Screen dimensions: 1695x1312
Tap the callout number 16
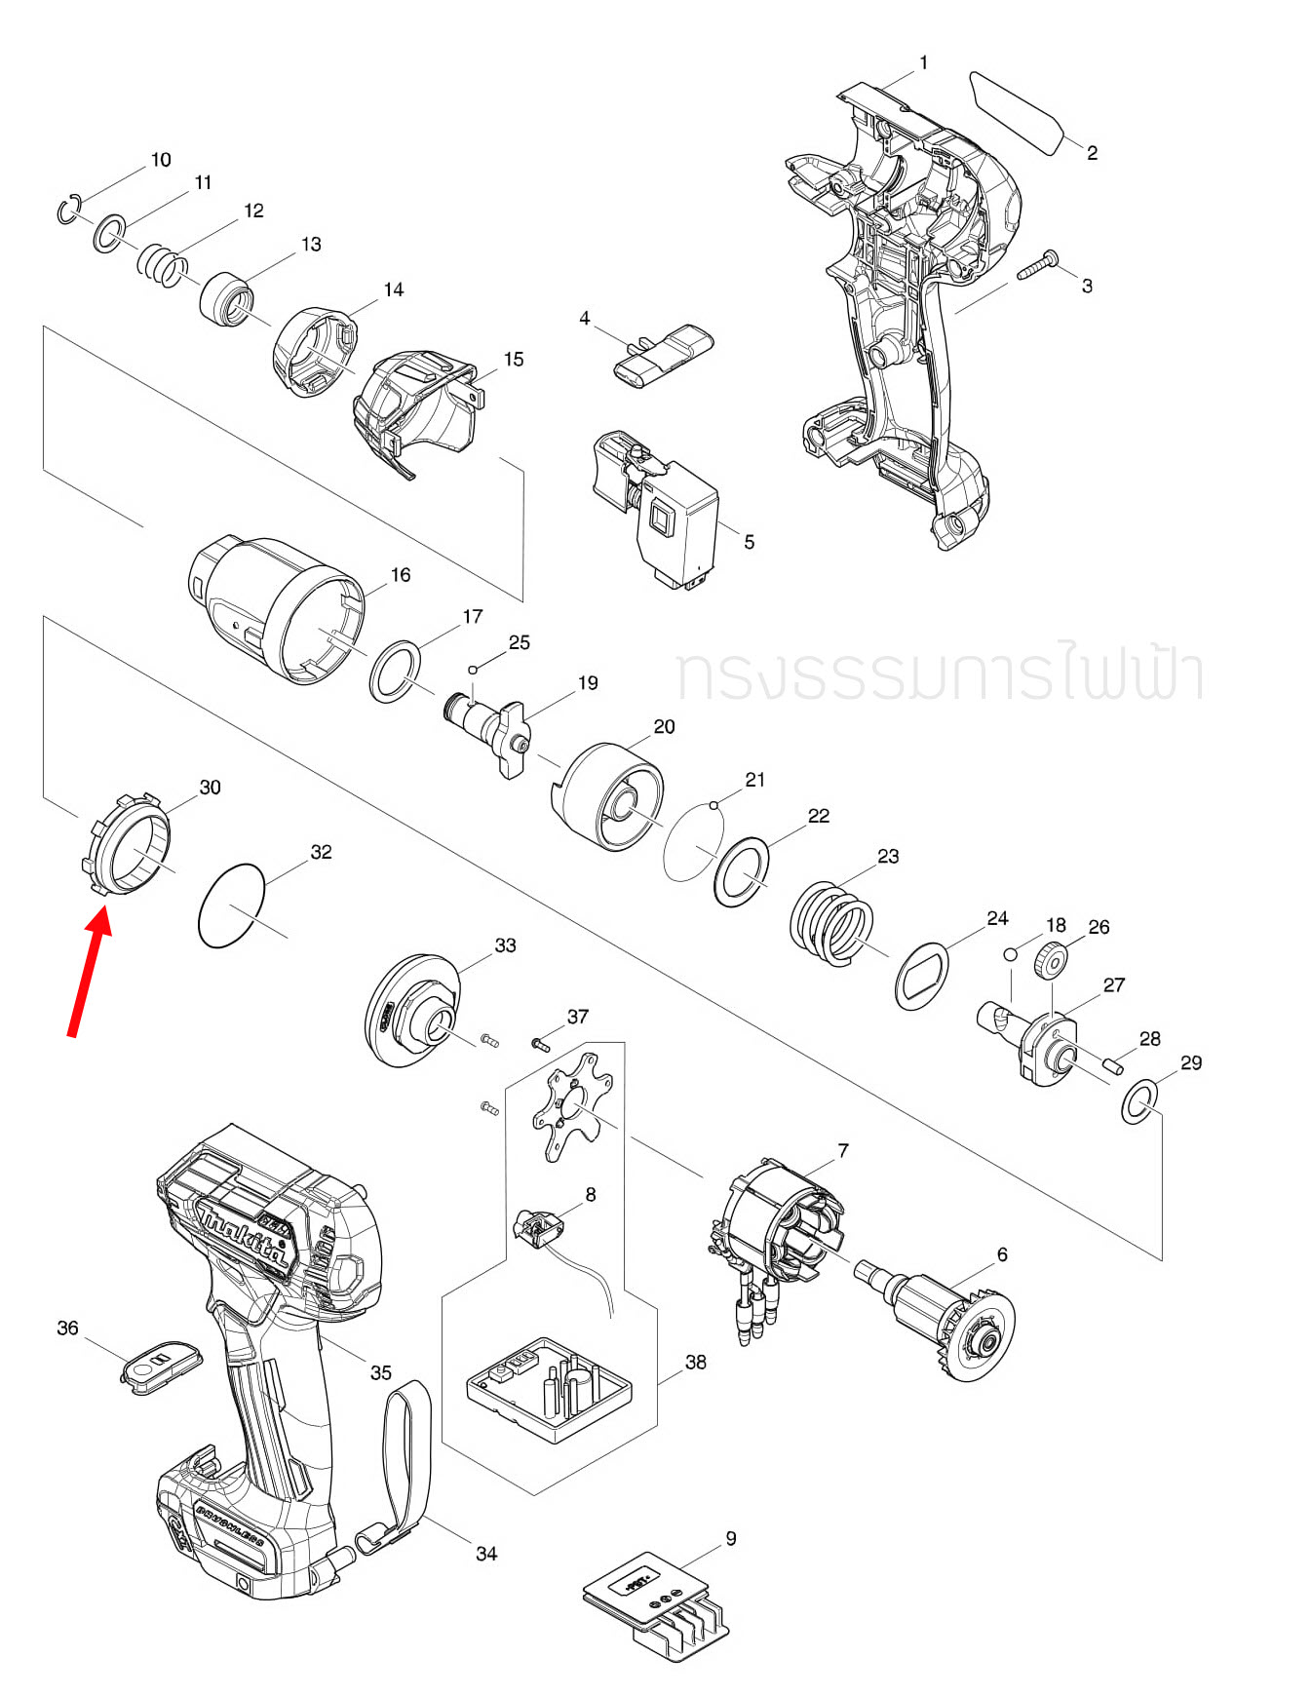tap(401, 575)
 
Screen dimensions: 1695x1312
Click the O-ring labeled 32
tap(231, 905)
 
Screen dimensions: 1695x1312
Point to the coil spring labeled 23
tap(831, 923)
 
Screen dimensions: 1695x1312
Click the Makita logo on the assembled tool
tap(244, 1237)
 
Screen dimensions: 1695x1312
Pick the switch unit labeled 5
tap(663, 512)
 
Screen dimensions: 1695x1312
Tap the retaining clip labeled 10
tap(67, 211)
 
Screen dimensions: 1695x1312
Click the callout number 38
tap(695, 1362)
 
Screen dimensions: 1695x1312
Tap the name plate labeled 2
tap(1016, 112)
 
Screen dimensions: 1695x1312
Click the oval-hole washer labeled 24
tap(921, 976)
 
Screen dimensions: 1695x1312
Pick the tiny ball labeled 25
tap(473, 670)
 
